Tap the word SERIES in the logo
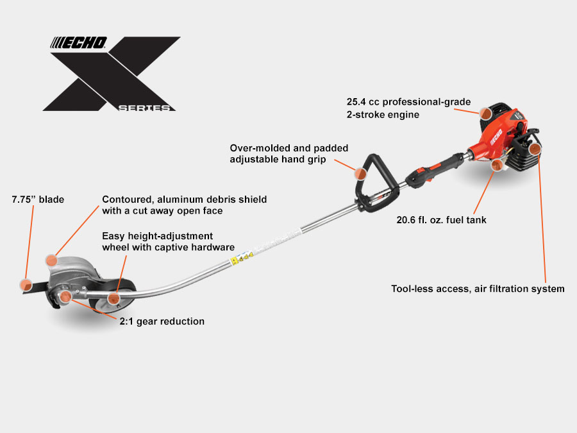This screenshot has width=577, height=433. click(x=146, y=108)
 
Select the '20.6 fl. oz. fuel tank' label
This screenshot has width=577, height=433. click(x=441, y=220)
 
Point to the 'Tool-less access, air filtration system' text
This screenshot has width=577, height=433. click(x=478, y=289)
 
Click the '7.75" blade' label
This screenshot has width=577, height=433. click(x=38, y=200)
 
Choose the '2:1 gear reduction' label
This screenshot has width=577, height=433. click(x=162, y=321)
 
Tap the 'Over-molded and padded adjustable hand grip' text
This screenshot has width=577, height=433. click(x=285, y=153)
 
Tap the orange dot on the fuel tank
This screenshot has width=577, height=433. click(x=496, y=165)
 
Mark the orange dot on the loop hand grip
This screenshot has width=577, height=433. click(x=361, y=173)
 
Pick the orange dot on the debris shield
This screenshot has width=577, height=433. click(x=52, y=260)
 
